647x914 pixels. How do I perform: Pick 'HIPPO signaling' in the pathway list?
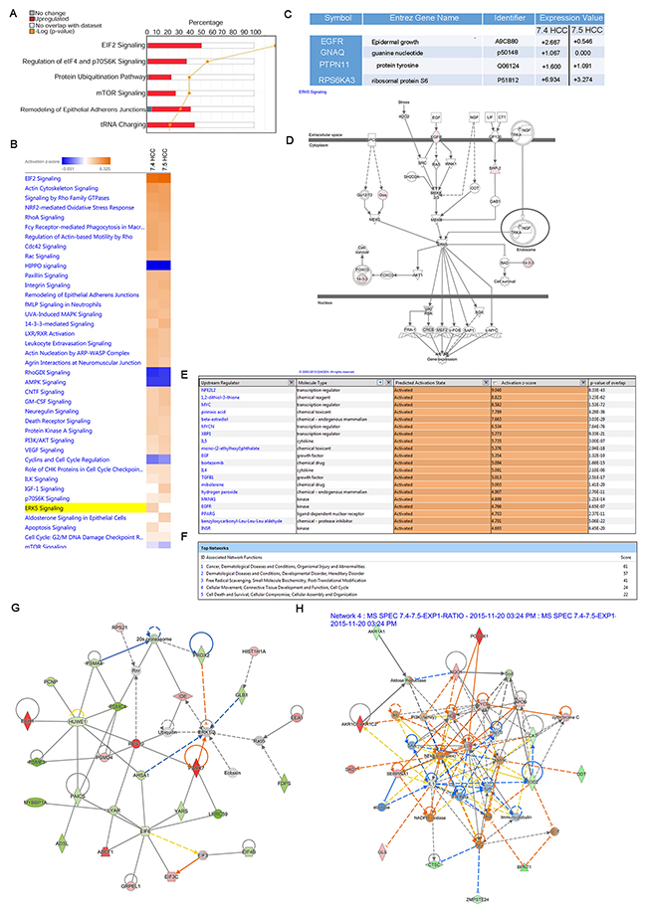(x=60, y=266)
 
